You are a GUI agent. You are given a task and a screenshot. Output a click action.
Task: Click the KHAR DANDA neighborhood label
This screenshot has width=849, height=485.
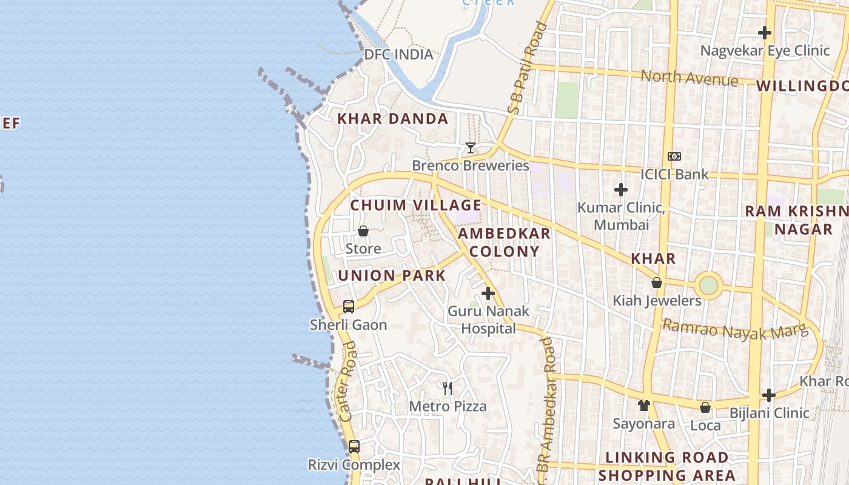tap(393, 119)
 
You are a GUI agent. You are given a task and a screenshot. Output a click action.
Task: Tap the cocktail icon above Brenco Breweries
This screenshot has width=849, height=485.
tap(470, 147)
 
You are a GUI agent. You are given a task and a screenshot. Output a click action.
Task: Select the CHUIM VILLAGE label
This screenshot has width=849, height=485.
tap(416, 205)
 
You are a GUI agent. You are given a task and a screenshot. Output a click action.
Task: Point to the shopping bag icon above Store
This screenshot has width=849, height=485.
tap(363, 231)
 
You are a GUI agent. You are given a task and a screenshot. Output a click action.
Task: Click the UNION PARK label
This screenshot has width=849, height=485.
tap(392, 275)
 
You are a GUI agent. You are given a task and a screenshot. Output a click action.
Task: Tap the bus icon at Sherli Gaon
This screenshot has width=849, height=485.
tap(349, 306)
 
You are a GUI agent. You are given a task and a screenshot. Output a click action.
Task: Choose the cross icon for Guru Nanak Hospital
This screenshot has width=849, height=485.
tap(488, 294)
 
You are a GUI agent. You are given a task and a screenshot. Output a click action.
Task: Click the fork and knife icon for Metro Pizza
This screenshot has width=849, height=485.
tap(448, 388)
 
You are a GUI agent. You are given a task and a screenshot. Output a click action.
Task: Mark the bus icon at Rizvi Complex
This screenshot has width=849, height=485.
tap(354, 447)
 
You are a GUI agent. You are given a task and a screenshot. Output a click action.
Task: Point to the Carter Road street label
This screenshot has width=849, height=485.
tap(348, 382)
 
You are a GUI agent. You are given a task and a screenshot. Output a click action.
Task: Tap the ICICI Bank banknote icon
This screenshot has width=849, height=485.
tap(674, 156)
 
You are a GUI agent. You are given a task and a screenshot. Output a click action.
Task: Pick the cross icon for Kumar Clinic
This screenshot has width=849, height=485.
tap(621, 190)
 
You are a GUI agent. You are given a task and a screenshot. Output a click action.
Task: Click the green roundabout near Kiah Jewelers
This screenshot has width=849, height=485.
tap(708, 285)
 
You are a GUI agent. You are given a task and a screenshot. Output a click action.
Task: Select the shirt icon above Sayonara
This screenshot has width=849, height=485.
tap(643, 405)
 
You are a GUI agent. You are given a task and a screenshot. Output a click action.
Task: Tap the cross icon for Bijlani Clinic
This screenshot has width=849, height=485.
tap(769, 395)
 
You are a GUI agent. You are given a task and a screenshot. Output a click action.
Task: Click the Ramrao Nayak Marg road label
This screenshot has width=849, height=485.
tap(735, 330)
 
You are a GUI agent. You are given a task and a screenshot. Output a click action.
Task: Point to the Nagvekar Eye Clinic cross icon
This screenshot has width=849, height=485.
tap(765, 33)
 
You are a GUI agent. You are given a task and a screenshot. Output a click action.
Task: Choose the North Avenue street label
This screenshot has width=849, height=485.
tap(690, 78)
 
